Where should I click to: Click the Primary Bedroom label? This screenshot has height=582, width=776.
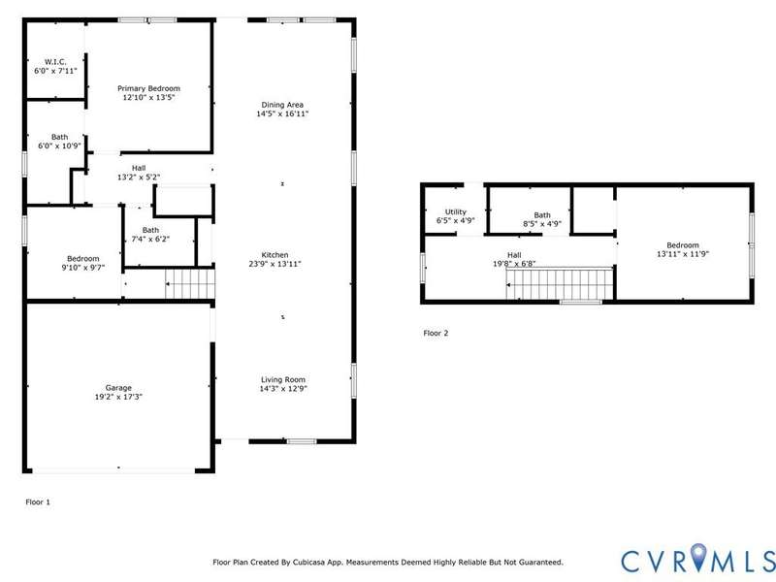(148, 88)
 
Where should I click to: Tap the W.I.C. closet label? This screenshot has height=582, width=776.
(55, 62)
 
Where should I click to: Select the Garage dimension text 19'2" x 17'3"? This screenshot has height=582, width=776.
(118, 397)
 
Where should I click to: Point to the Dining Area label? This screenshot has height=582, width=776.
(282, 105)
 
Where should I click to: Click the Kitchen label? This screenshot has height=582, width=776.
(275, 255)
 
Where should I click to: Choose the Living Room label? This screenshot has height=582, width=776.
(283, 379)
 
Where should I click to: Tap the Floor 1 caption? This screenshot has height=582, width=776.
(38, 501)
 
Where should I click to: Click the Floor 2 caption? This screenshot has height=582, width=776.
(436, 333)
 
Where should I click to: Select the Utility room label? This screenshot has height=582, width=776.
(455, 211)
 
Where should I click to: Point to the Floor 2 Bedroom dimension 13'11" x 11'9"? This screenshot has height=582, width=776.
(683, 254)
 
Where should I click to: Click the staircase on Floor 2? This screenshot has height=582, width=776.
(560, 284)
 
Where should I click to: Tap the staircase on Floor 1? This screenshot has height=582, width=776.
(190, 283)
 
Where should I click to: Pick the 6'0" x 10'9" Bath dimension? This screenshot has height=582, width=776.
(59, 146)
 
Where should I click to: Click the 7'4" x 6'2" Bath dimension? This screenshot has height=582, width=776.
(150, 239)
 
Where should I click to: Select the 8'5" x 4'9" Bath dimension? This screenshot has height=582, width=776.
(542, 224)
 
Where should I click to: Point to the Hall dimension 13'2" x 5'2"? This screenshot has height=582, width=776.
(139, 177)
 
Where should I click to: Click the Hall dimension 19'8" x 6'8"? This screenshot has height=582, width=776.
(514, 264)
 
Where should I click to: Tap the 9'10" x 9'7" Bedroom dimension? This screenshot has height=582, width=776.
(83, 268)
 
